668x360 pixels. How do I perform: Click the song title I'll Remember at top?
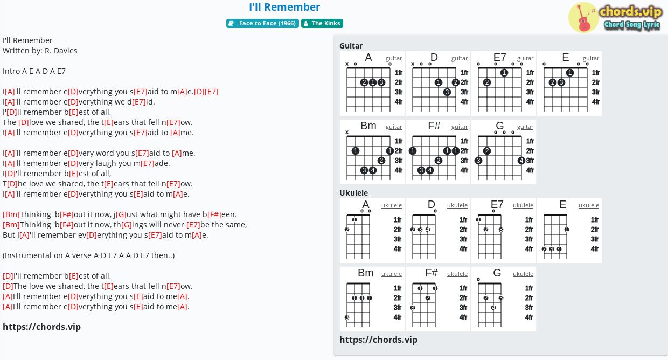[284, 7]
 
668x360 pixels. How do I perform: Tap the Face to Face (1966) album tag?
[262, 23]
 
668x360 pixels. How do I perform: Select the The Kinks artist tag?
[322, 23]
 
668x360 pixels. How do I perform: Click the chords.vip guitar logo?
[616, 17]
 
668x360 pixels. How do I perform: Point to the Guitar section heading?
[351, 46]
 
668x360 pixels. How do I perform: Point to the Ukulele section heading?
[353, 193]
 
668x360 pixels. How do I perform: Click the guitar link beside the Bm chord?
[394, 127]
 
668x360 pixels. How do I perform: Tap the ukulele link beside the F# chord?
[457, 274]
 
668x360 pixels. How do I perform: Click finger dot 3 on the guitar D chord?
[447, 92]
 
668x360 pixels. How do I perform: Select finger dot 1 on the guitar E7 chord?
[504, 73]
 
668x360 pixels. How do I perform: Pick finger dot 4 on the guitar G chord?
[521, 161]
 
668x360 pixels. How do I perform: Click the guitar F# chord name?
[434, 126]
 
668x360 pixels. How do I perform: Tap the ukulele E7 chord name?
[497, 204]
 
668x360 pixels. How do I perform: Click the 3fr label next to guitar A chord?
[399, 92]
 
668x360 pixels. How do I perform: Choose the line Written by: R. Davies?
[40, 51]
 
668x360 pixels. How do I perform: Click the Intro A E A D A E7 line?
[34, 71]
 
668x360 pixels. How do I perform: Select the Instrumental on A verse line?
[88, 255]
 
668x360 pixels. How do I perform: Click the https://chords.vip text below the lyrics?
[42, 327]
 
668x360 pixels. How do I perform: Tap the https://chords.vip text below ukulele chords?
[378, 340]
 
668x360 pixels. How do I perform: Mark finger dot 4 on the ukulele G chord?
[493, 308]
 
